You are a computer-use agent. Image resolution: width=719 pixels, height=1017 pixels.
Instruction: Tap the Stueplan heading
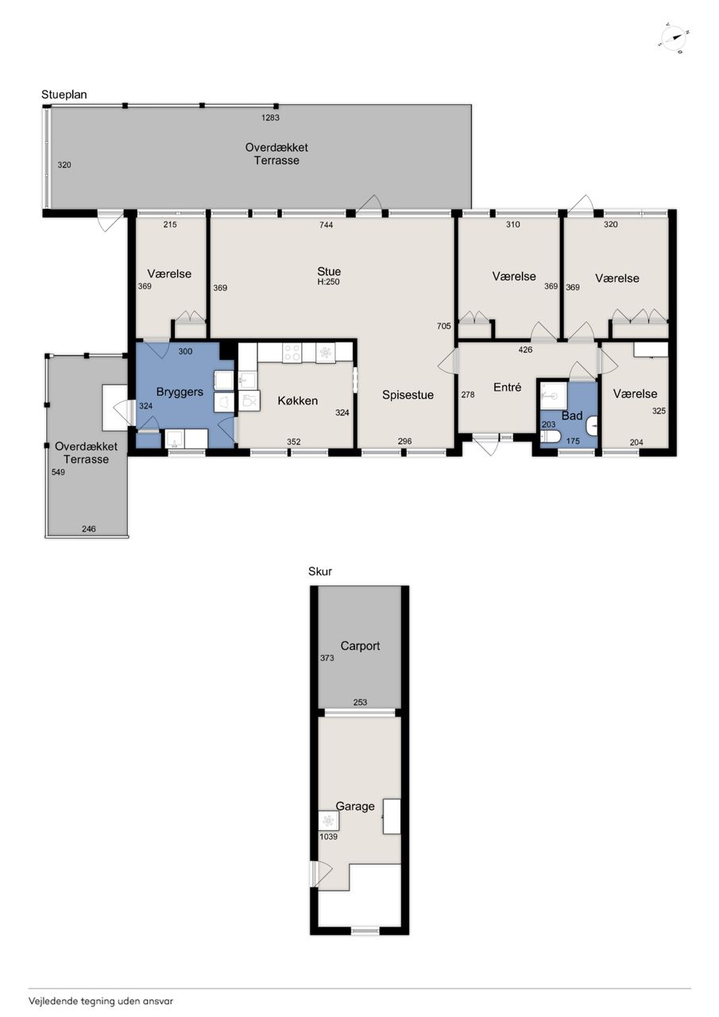pyautogui.click(x=64, y=95)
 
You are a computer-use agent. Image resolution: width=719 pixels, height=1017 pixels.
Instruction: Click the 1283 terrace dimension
pyautogui.click(x=270, y=118)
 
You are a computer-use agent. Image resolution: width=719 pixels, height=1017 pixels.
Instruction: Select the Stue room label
pyautogui.click(x=329, y=272)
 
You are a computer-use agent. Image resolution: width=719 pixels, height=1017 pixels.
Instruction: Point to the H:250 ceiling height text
pyautogui.click(x=329, y=282)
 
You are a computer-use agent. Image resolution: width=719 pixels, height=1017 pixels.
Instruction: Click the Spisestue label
pyautogui.click(x=408, y=395)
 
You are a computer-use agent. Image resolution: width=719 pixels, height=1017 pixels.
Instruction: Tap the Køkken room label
pyautogui.click(x=297, y=400)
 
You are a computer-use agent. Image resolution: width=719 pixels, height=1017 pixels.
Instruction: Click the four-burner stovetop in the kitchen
pyautogui.click(x=292, y=352)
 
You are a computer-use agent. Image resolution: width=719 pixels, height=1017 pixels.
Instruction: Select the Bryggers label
pyautogui.click(x=180, y=392)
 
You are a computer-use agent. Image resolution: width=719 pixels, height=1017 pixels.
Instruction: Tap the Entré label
pyautogui.click(x=507, y=387)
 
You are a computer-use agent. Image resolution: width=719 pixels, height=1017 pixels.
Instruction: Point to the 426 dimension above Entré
pyautogui.click(x=525, y=350)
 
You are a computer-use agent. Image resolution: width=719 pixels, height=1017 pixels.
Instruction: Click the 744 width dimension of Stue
pyautogui.click(x=327, y=225)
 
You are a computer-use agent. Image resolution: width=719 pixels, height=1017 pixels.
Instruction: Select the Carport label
pyautogui.click(x=360, y=646)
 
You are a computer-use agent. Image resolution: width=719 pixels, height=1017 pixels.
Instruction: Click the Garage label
pyautogui.click(x=355, y=806)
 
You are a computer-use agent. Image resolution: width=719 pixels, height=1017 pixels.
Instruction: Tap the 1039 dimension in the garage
pyautogui.click(x=328, y=837)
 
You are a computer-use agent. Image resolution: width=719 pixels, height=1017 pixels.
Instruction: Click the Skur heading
pyautogui.click(x=320, y=571)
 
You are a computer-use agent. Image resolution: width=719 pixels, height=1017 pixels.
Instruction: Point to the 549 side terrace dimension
pyautogui.click(x=58, y=472)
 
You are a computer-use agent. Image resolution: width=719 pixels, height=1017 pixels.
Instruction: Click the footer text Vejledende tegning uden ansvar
pyautogui.click(x=101, y=1000)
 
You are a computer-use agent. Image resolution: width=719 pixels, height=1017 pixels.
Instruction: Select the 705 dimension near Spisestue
pyautogui.click(x=444, y=326)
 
